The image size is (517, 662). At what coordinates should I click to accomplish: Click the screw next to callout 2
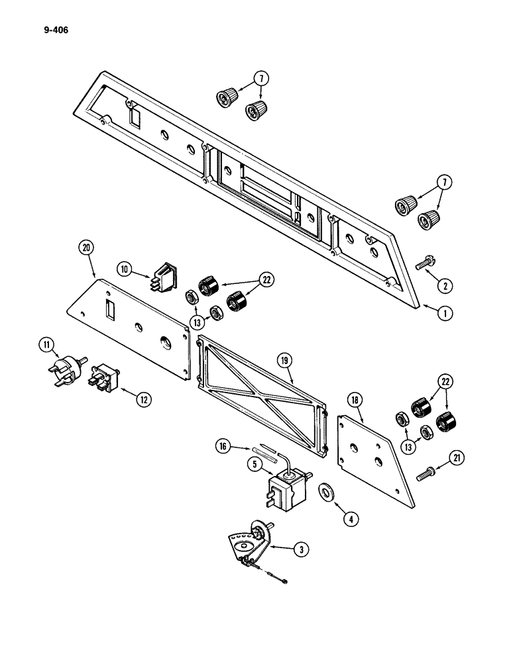[x=406, y=263]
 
